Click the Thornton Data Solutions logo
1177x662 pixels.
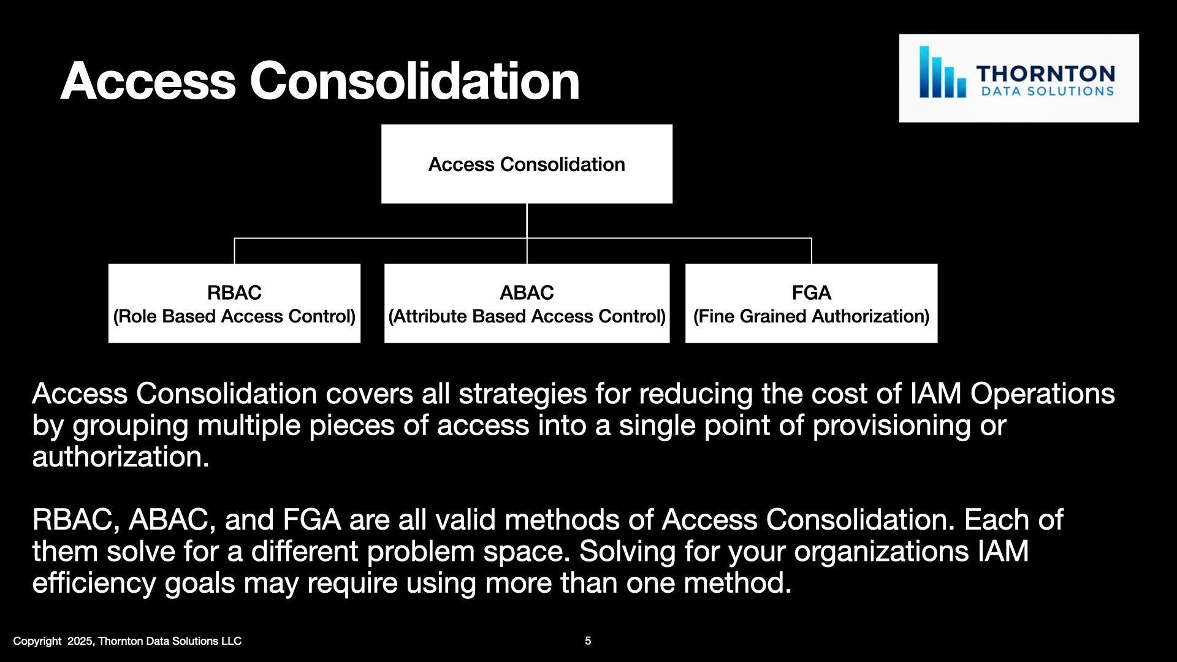click(1019, 78)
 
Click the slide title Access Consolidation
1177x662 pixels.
click(320, 81)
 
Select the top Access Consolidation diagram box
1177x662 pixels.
click(527, 164)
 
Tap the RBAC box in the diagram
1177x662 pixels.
click(234, 303)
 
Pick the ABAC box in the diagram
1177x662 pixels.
click(527, 303)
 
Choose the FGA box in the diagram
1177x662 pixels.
click(811, 303)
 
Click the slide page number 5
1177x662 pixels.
click(588, 641)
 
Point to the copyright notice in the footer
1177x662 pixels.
click(128, 641)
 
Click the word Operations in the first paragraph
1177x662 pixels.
click(1042, 394)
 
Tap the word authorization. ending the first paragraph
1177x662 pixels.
click(121, 457)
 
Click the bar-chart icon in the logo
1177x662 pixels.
click(942, 72)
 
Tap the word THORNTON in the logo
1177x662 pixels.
click(1046, 74)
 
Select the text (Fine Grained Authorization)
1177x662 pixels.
click(811, 316)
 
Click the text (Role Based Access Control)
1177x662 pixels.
click(234, 316)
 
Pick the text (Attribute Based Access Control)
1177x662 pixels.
click(527, 316)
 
